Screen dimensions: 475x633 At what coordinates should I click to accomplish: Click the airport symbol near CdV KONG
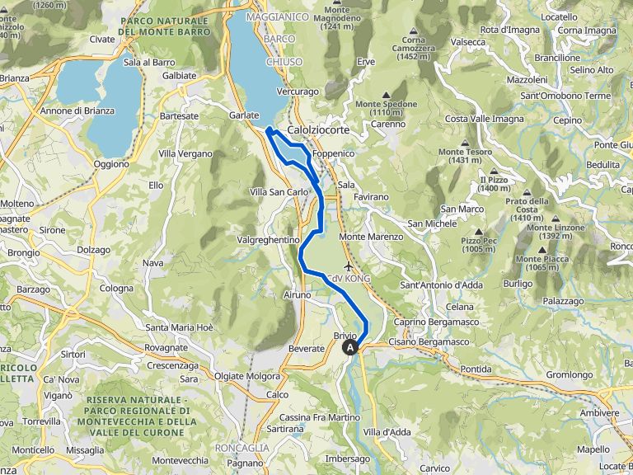[x=350, y=267]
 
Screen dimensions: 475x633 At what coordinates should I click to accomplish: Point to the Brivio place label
[x=345, y=336]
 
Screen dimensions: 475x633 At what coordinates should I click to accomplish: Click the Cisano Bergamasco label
[x=429, y=341]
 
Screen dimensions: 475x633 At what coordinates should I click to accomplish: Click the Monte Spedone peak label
[x=386, y=108]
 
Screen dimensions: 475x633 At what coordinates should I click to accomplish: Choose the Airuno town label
[x=297, y=294]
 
